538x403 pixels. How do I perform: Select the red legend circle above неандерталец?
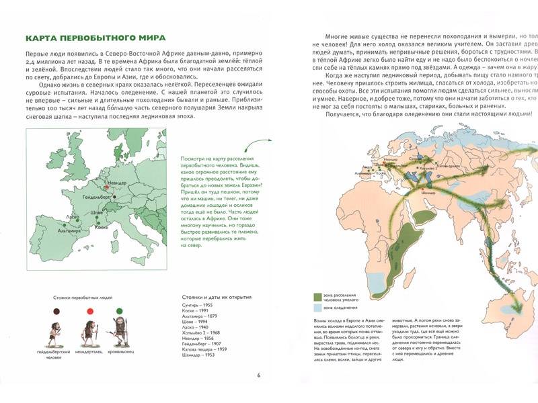[x=89, y=310]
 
